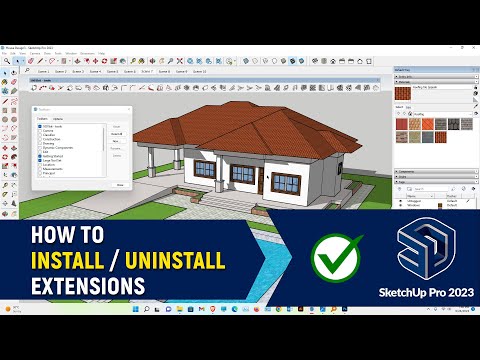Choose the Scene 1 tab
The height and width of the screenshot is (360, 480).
tap(43, 72)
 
